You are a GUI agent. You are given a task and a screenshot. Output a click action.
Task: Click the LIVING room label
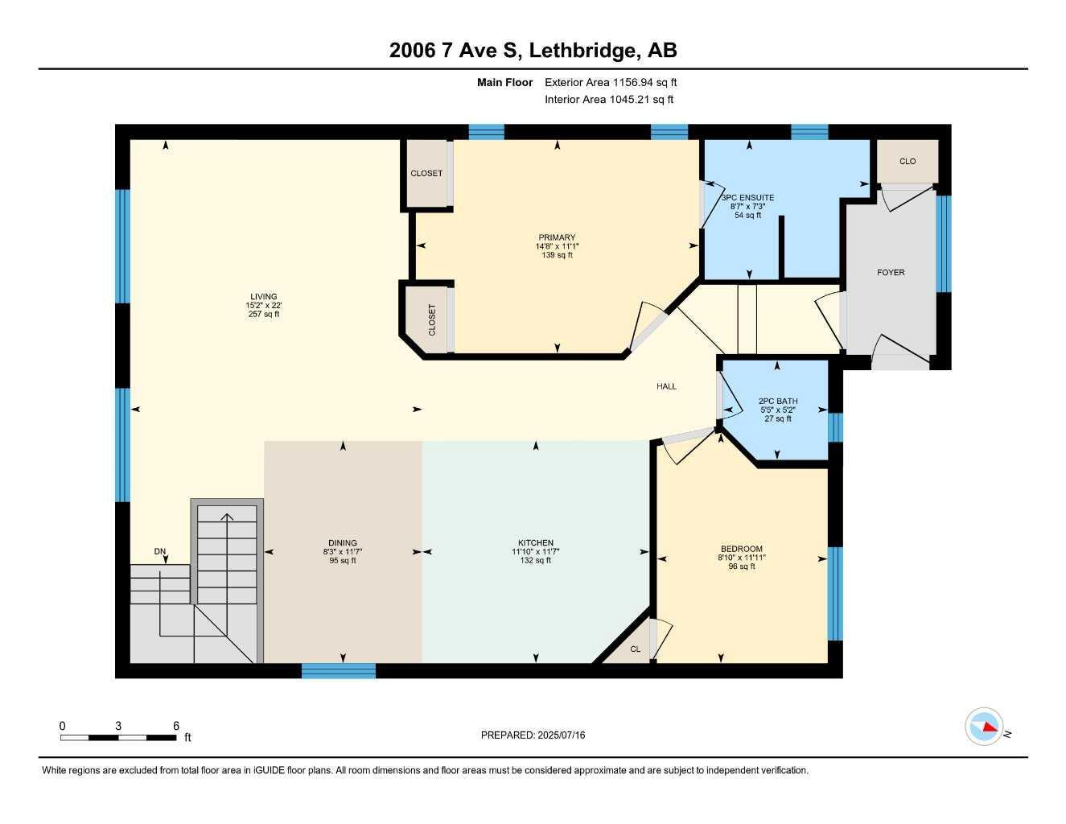[x=263, y=296]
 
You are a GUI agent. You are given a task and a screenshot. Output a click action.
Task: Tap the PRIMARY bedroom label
[x=557, y=237]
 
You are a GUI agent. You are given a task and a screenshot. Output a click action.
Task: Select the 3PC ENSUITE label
[x=748, y=197]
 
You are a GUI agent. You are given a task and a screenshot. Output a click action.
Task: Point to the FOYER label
[x=891, y=273]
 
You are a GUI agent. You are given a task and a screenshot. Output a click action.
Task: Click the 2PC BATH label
[x=778, y=401]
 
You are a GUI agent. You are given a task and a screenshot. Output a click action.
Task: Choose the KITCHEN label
[x=536, y=543]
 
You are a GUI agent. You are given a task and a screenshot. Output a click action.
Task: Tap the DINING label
[x=342, y=543]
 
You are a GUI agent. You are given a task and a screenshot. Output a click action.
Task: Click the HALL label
[x=666, y=386]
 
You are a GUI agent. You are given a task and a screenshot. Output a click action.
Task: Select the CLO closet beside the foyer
[x=908, y=162]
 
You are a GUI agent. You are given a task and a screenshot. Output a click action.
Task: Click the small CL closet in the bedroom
[x=635, y=649]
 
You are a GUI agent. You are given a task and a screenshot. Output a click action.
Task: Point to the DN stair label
[x=160, y=551]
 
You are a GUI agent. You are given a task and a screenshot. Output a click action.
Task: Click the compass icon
[x=984, y=727]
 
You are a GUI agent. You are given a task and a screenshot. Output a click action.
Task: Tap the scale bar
[x=118, y=737]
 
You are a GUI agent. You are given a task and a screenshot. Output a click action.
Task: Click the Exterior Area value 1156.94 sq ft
[x=644, y=82]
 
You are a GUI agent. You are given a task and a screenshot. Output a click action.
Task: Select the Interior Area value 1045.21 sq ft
[x=643, y=100]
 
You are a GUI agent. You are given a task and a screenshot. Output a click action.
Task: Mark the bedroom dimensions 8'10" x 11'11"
[x=742, y=558]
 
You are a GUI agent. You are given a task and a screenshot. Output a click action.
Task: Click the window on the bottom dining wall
[x=339, y=670]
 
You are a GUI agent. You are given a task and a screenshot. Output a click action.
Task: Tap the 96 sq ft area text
[x=742, y=566]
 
